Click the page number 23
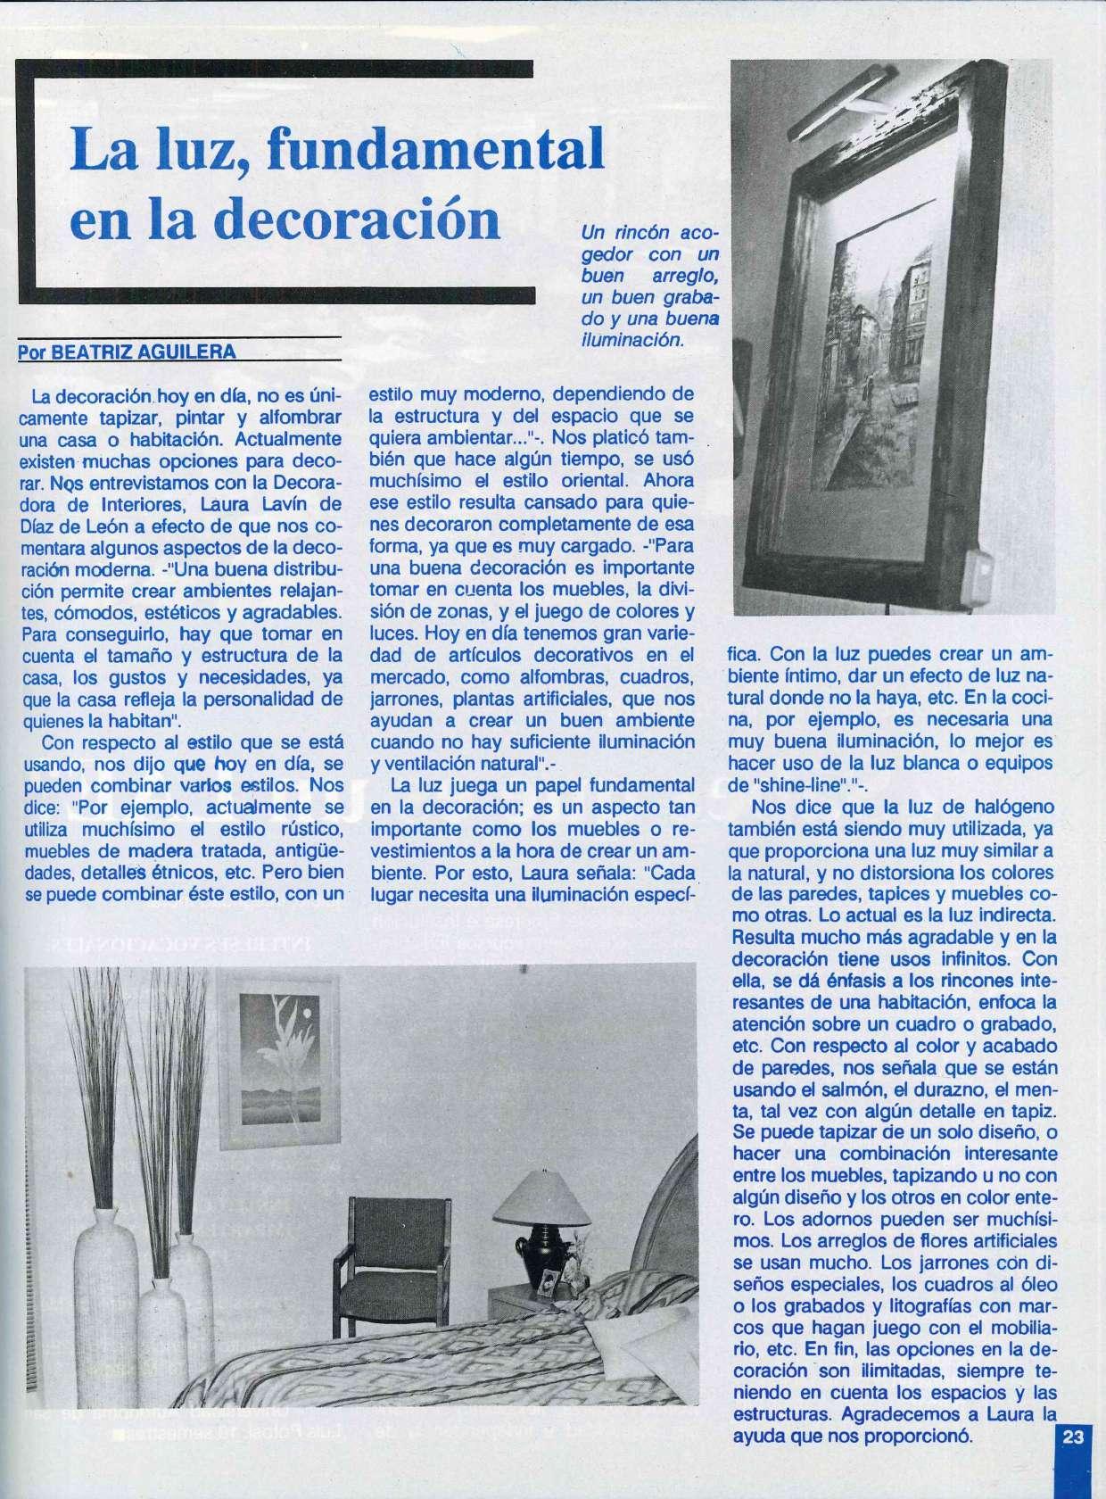(1073, 1462)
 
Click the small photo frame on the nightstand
(549, 1285)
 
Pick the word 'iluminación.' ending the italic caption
(632, 340)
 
